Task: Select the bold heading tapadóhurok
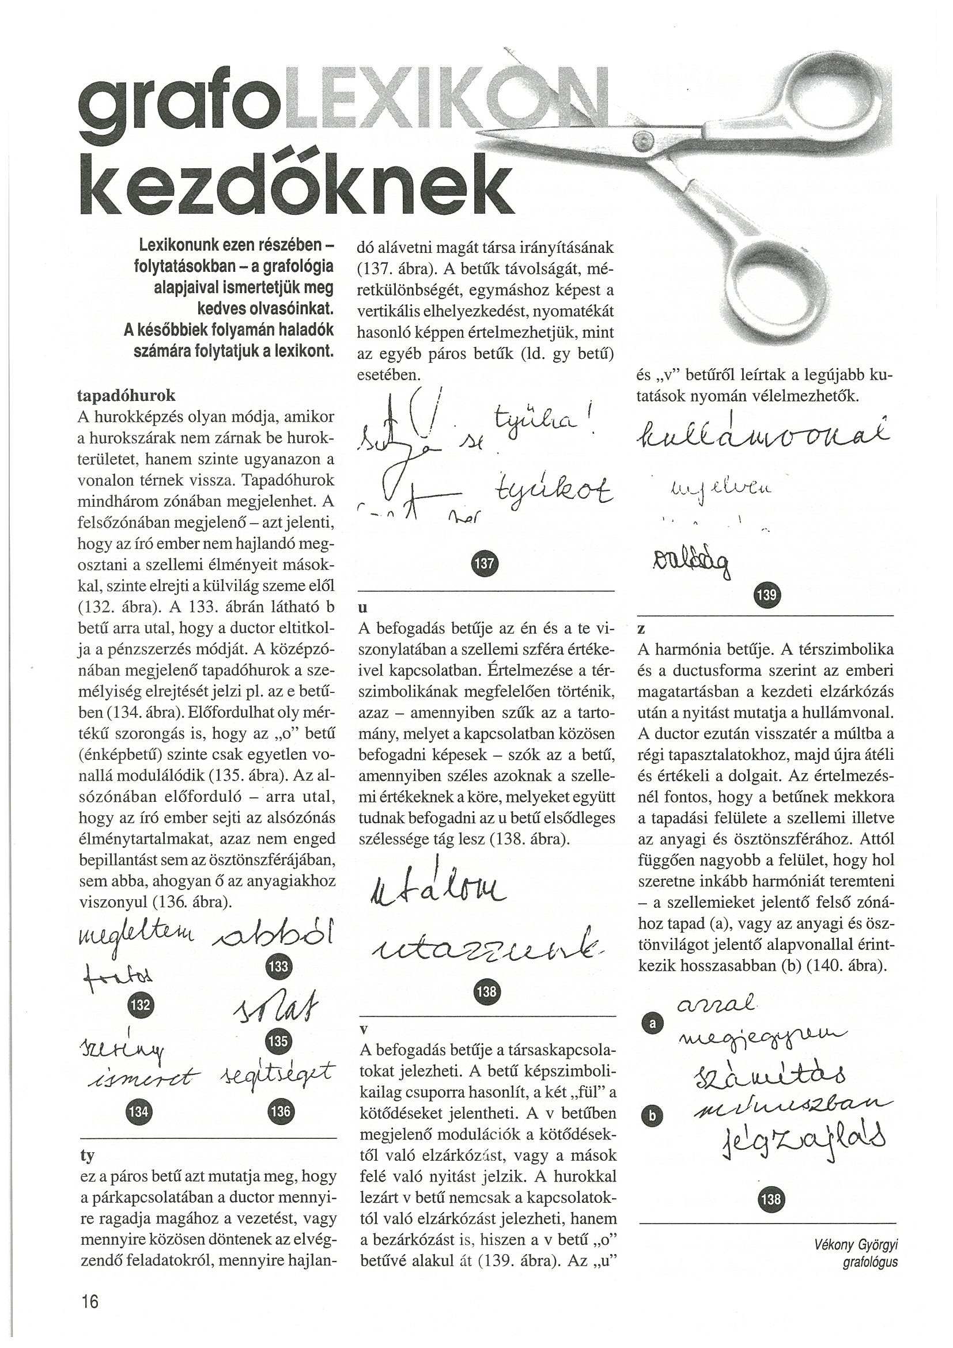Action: tap(126, 395)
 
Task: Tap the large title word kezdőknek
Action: tap(297, 185)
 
